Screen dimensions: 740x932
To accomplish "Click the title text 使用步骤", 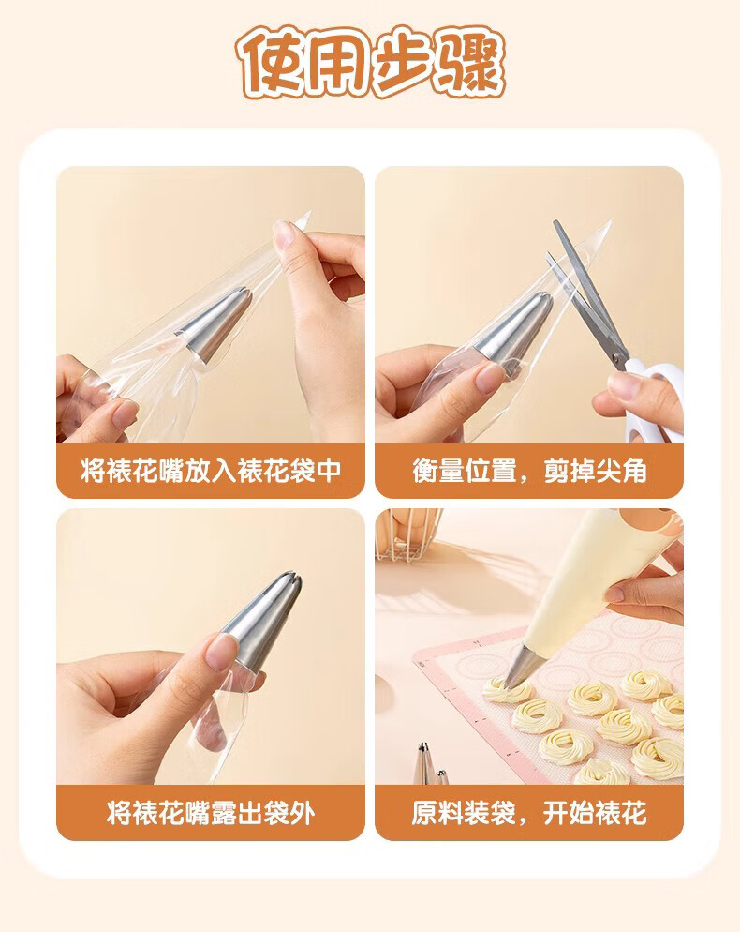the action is click(x=371, y=62).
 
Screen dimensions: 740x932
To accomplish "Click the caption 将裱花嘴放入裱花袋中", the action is click(x=211, y=472).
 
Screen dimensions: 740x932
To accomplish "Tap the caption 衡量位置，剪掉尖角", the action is click(x=529, y=472).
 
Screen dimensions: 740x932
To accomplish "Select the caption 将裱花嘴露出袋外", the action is click(x=211, y=813).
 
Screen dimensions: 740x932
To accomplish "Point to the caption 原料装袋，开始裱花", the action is click(x=529, y=813).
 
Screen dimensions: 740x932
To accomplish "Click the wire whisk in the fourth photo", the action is click(x=408, y=532).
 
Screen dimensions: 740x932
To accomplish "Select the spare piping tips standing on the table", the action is click(x=430, y=764).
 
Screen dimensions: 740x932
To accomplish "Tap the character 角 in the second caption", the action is click(x=634, y=472).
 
